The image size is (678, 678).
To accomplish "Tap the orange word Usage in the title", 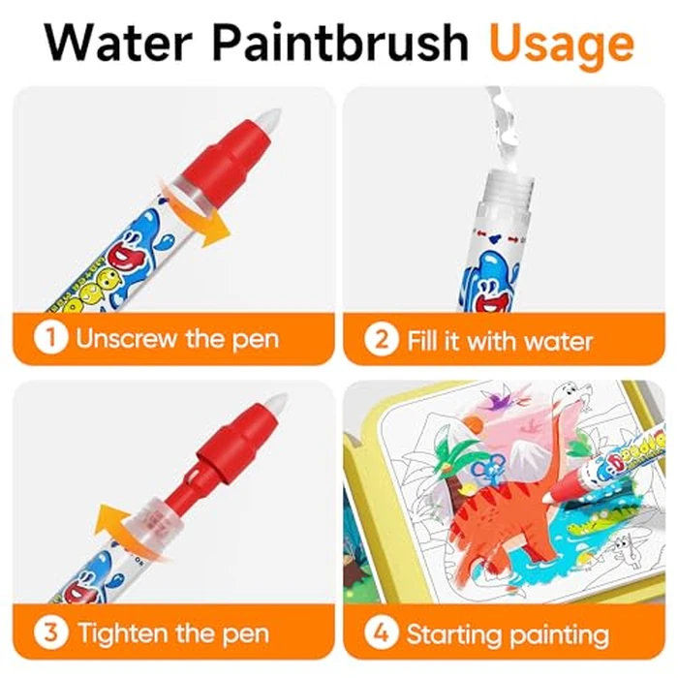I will [561, 43].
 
